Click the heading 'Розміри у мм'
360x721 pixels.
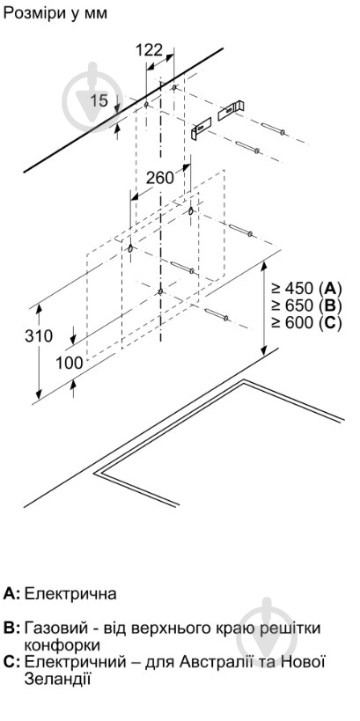[55, 13]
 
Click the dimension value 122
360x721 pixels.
[149, 49]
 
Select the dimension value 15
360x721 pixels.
[99, 100]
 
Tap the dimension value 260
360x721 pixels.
[160, 177]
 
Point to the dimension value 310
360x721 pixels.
[39, 336]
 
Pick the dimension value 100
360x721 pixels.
[70, 364]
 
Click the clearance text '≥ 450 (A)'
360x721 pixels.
[306, 288]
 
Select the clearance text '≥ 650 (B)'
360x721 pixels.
[306, 305]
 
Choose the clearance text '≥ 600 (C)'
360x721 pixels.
[306, 322]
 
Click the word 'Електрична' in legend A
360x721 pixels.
[70, 593]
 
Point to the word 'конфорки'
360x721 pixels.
[62, 645]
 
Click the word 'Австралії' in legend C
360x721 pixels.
[218, 662]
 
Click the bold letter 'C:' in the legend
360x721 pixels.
[11, 663]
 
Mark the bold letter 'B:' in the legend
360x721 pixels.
[11, 628]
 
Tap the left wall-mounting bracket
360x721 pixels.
[201, 129]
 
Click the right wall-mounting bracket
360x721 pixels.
[231, 110]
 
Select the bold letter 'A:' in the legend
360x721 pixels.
[11, 593]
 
